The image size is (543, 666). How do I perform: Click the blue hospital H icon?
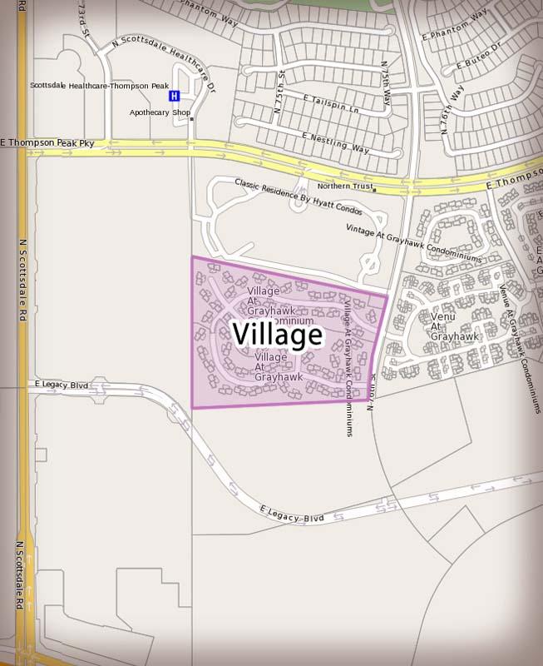coord(174,96)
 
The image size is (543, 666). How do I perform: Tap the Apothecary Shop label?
coord(160,112)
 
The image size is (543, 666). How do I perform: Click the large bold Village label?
coord(277,335)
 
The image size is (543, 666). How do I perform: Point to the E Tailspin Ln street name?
coord(331,103)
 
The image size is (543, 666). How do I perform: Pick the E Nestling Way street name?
coord(336,142)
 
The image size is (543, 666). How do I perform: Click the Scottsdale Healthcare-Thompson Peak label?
coord(99,86)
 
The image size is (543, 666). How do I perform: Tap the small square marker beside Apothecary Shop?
coord(192,119)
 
